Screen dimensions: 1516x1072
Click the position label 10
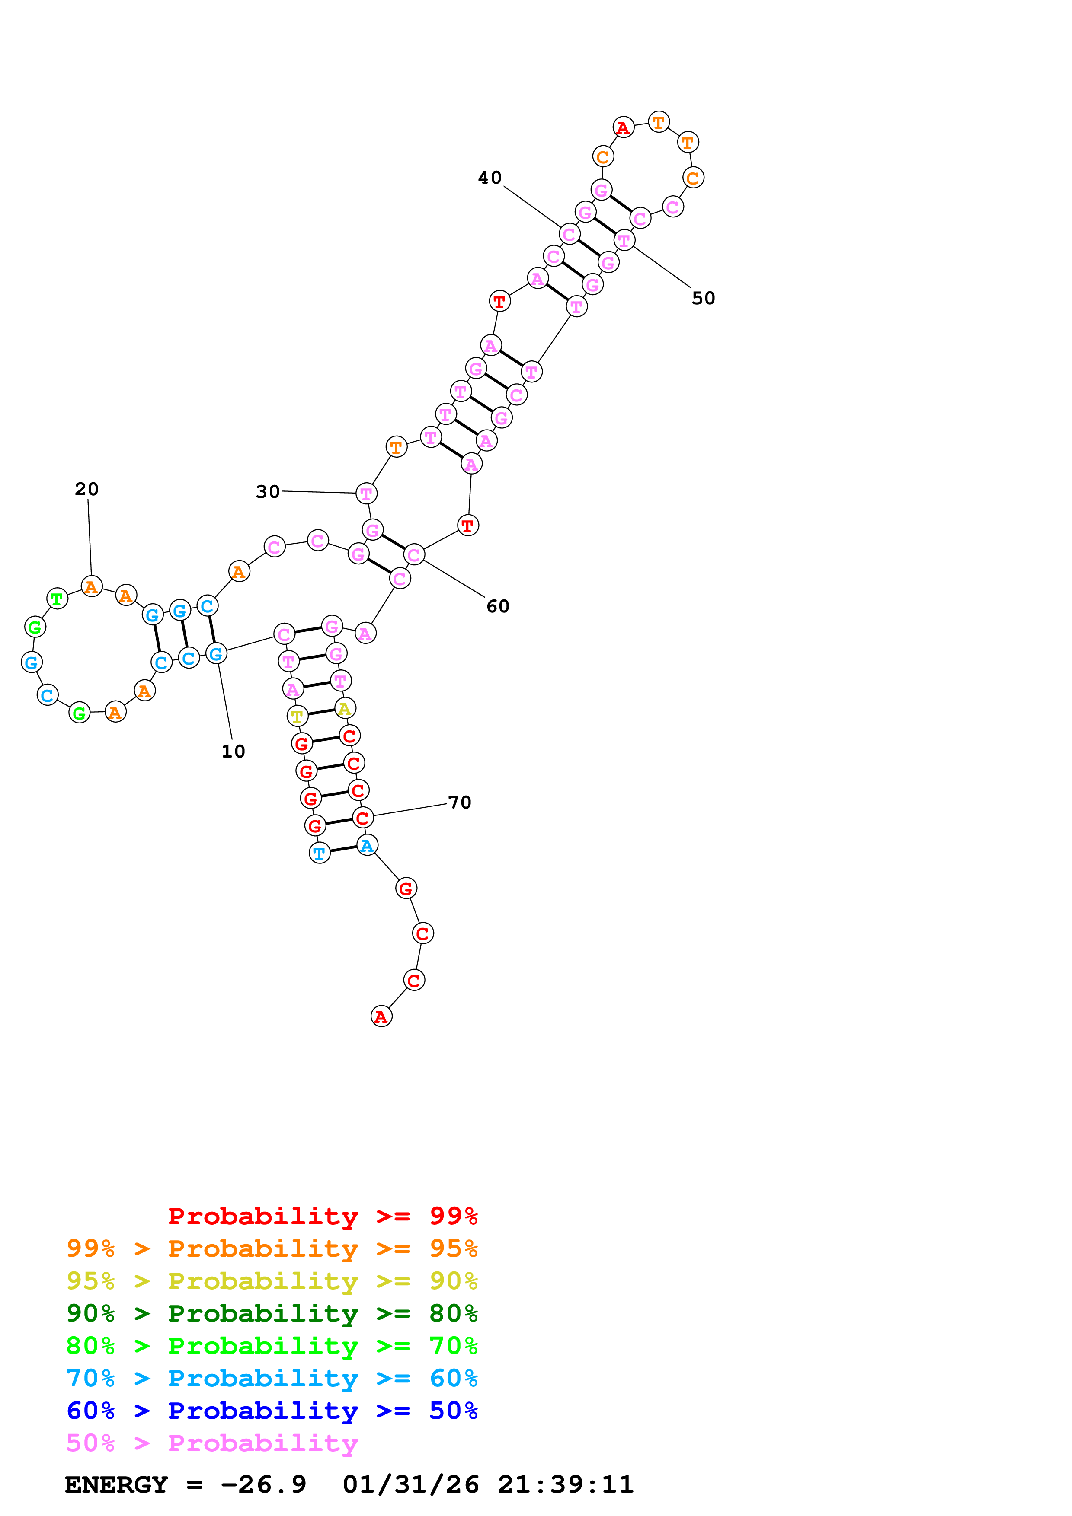click(x=233, y=752)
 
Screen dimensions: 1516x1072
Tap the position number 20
click(x=86, y=489)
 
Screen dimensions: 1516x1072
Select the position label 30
click(x=268, y=492)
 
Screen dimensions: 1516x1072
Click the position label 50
click(x=704, y=299)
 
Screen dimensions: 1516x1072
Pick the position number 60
click(x=498, y=607)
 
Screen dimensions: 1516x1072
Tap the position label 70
click(x=460, y=803)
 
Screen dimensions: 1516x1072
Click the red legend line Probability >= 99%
click(x=322, y=1216)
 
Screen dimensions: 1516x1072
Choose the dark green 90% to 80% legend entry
click(x=272, y=1313)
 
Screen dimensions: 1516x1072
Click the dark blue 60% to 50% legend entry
click(x=272, y=1411)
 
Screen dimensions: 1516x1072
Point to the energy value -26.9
click(x=263, y=1485)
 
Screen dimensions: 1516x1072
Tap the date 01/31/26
click(x=411, y=1485)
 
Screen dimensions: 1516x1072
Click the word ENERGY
click(x=116, y=1485)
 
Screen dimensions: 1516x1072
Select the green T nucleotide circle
click(x=58, y=599)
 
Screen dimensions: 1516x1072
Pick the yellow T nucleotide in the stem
click(x=297, y=716)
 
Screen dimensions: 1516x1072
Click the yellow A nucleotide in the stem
click(x=345, y=708)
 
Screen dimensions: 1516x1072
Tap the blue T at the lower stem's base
click(x=320, y=853)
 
